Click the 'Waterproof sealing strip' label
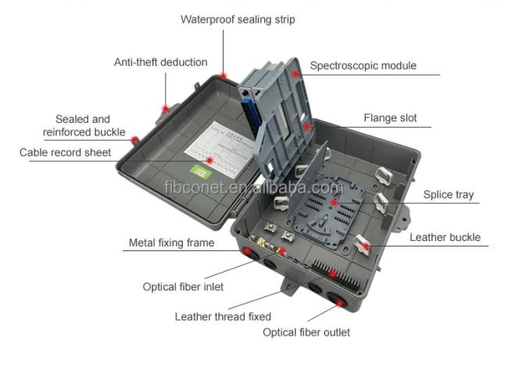238,20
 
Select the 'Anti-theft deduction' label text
161,62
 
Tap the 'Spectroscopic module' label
363,66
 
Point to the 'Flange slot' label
390,117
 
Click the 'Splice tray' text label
449,195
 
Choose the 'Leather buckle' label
445,237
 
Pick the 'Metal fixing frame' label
171,243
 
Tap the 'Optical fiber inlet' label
183,286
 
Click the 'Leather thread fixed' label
223,317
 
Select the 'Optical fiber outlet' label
306,333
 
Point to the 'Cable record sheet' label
65,153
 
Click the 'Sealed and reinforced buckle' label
84,125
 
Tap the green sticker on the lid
201,171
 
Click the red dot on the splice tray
334,203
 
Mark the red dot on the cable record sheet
209,160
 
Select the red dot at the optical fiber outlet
340,304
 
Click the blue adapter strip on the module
250,115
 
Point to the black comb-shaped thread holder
336,275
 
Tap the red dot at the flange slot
307,126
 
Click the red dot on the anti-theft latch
166,109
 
